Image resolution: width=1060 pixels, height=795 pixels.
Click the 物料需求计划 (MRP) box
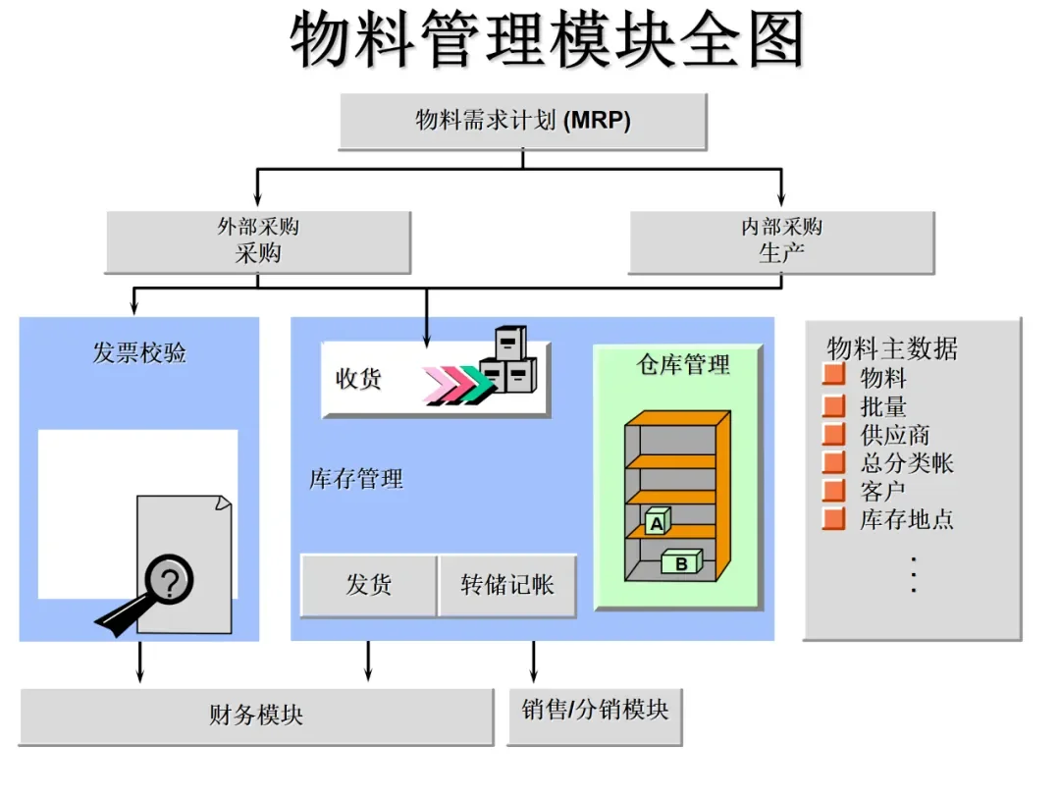tap(522, 121)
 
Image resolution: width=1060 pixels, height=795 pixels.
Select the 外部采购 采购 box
tap(257, 241)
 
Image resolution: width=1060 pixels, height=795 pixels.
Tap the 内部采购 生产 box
tap(781, 241)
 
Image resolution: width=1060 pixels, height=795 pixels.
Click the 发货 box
tap(368, 585)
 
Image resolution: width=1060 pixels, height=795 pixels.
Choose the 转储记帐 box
tap(506, 585)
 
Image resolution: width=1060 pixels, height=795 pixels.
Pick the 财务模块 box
tap(256, 715)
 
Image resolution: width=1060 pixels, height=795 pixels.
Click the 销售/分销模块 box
tap(595, 710)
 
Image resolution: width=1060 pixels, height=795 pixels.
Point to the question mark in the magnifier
tap(171, 582)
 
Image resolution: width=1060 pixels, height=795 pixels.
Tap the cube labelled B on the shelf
tap(681, 563)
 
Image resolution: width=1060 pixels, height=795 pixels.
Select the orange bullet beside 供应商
tap(833, 435)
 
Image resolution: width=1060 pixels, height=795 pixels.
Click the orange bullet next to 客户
tap(833, 491)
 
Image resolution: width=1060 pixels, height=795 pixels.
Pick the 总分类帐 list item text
tap(906, 463)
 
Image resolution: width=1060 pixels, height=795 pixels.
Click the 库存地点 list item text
tap(906, 519)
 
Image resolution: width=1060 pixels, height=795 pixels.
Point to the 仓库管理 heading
tap(683, 365)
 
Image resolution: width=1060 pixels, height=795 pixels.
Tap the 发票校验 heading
tap(139, 353)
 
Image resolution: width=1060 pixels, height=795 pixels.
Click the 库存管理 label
tap(355, 480)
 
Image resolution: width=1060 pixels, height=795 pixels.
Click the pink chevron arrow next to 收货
tap(435, 384)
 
